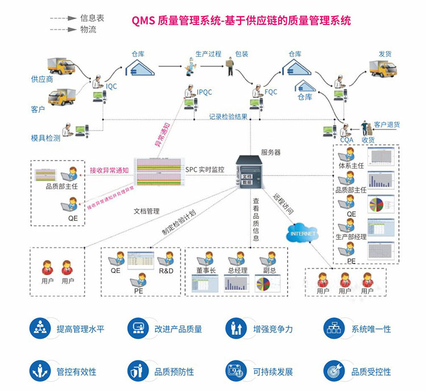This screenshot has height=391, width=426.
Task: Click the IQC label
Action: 111,86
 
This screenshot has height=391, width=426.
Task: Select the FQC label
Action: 272,91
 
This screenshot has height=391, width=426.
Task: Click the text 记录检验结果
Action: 228,117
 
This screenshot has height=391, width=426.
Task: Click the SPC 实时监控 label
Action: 204,170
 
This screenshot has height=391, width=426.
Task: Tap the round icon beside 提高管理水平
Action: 40,328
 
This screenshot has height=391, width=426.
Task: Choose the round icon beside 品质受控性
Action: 333,371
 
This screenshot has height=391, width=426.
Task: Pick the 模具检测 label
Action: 45,138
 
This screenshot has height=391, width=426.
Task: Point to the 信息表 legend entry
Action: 93,18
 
